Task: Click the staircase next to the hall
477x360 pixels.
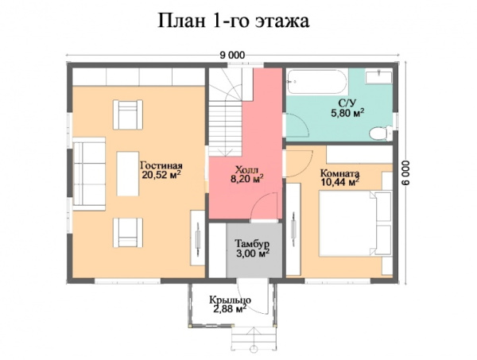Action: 226,111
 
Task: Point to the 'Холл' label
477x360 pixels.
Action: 246,168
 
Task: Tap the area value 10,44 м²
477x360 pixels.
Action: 339,182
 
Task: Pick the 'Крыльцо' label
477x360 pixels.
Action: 231,300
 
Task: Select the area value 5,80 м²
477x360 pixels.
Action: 347,114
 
